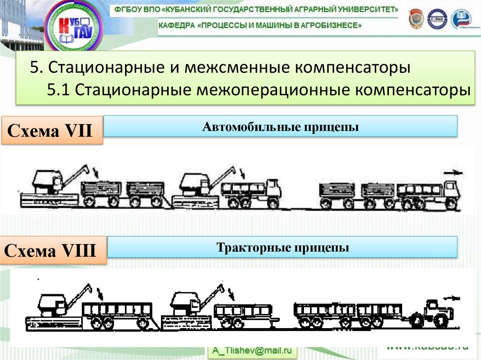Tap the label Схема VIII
[50, 251]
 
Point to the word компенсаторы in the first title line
[353, 68]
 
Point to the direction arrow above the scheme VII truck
[452, 173]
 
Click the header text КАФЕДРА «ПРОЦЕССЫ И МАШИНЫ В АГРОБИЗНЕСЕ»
[260, 25]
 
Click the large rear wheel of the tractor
[441, 320]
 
